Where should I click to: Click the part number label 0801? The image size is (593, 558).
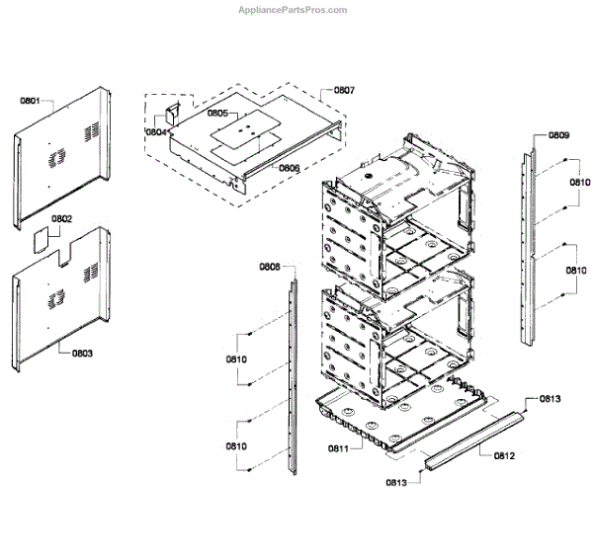pos(31,100)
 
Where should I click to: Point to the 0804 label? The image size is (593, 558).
pos(155,131)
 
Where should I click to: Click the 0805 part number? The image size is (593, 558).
pos(218,114)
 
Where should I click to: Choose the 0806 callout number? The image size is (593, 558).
pos(289,168)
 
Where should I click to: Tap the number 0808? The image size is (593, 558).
pos(270,267)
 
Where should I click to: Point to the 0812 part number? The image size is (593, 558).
pos(505,455)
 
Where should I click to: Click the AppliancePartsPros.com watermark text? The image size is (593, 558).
pos(295,10)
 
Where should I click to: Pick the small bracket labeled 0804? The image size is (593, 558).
pos(170,111)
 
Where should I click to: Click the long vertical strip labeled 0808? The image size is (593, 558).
pos(292,375)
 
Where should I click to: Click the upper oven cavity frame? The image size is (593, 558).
pos(395,217)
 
